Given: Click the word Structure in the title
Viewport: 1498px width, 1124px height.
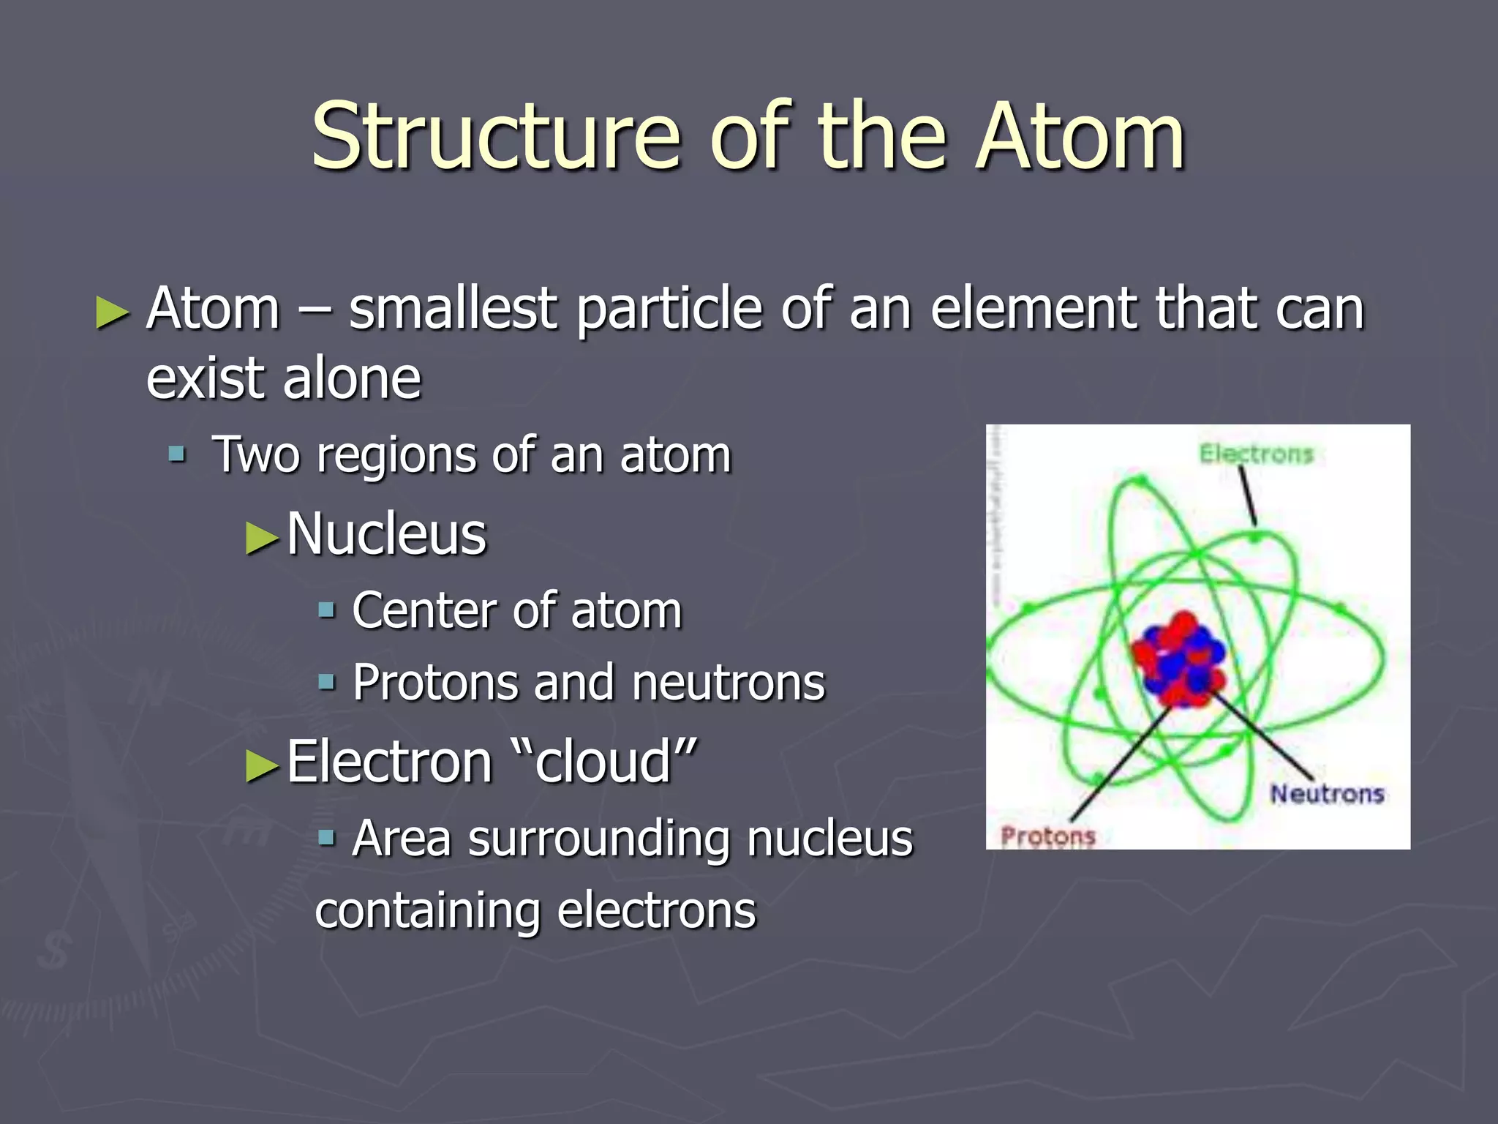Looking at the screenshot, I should (x=496, y=137).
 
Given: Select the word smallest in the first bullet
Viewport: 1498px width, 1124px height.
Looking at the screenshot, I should (x=453, y=309).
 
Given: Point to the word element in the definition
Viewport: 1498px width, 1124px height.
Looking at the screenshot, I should (x=1032, y=309).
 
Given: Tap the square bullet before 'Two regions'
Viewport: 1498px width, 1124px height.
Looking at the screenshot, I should (x=177, y=455).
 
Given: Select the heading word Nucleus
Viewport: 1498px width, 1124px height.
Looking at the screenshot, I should (x=386, y=534).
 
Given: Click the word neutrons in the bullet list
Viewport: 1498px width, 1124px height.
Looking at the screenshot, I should (x=728, y=683).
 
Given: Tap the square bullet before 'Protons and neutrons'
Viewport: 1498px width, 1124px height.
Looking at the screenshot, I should (x=326, y=683).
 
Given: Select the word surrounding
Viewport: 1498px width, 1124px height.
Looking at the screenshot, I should (x=598, y=839).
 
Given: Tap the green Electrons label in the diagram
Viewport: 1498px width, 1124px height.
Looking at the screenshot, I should (x=1256, y=454).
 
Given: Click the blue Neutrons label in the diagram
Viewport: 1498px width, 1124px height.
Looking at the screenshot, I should (x=1327, y=794).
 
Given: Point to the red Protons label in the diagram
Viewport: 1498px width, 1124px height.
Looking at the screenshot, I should (x=1047, y=836).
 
